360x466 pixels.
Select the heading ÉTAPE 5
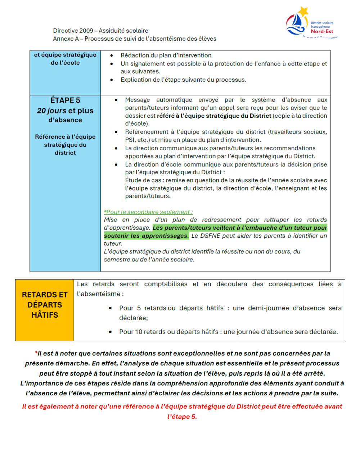(65, 100)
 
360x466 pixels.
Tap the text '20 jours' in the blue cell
(51, 111)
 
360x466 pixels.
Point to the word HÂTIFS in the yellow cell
(45, 315)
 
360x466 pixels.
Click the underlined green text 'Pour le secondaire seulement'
(148, 212)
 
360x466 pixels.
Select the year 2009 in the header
(86, 31)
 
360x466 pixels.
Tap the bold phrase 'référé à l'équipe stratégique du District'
(214, 116)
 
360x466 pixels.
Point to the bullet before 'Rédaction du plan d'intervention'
(112, 55)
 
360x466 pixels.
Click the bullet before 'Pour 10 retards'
(110, 332)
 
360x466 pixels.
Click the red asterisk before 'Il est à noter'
(36, 353)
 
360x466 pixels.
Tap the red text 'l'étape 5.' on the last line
(182, 417)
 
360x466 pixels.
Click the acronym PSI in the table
(130, 140)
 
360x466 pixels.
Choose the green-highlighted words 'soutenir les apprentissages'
(146, 236)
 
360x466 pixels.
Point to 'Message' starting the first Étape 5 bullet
(137, 100)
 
